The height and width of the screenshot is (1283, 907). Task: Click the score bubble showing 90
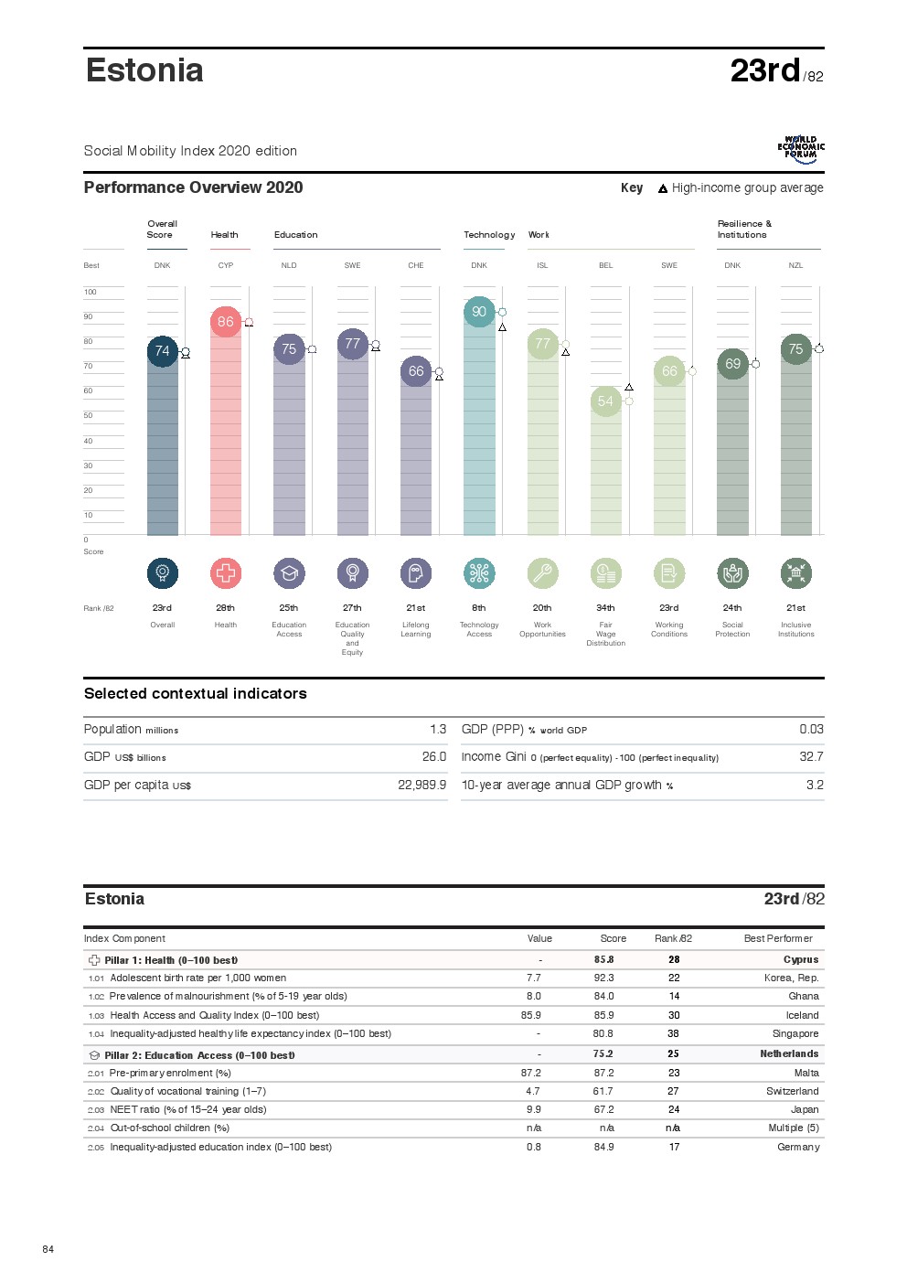479,312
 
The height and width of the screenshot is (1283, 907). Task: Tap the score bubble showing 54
605,401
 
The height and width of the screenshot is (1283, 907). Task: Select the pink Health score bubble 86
226,322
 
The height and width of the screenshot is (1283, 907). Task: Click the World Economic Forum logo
801,149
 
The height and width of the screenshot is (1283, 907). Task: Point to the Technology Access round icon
479,573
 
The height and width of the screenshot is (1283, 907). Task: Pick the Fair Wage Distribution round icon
605,573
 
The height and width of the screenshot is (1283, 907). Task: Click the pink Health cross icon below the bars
226,573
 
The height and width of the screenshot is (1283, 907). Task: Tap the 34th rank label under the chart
605,608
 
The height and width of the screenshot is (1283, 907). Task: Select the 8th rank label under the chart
479,608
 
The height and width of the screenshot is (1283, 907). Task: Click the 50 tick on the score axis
89,416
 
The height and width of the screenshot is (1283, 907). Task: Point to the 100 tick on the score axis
91,293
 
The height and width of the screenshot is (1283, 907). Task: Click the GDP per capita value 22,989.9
421,786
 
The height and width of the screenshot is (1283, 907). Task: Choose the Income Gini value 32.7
811,757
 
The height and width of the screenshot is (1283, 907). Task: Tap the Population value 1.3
438,730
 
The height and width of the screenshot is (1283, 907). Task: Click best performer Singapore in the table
795,1034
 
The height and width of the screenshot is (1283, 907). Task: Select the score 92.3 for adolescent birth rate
603,978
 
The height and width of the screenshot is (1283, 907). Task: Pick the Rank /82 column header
673,939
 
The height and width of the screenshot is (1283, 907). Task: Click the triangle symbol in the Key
663,189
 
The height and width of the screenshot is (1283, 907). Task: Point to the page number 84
48,1249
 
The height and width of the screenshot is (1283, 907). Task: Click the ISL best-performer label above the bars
542,266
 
